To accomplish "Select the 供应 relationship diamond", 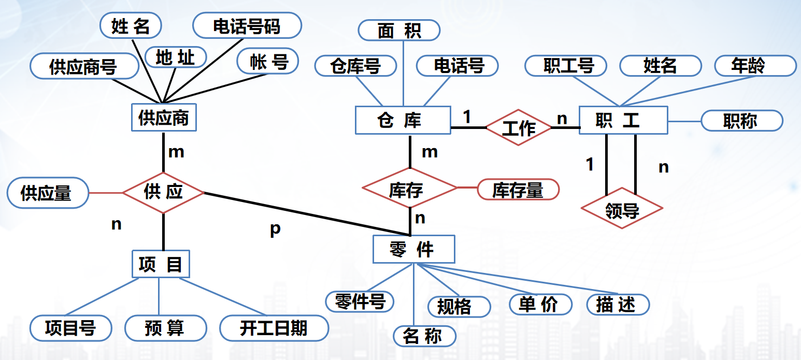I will [x=163, y=192].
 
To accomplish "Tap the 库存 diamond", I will [x=409, y=189].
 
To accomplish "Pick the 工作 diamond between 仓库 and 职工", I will [x=519, y=127].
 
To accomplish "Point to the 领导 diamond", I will [x=621, y=209].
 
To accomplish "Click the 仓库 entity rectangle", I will [x=403, y=120].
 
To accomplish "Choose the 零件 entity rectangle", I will [x=413, y=249].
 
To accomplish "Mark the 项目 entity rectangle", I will [x=161, y=264].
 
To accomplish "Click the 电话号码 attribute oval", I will [x=247, y=26].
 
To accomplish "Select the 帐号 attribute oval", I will [x=268, y=62].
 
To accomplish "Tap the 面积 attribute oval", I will [x=399, y=31].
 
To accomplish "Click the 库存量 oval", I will [x=518, y=190].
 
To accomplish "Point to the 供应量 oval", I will [x=48, y=193].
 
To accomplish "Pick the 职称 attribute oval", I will [x=741, y=121].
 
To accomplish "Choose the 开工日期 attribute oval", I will [x=274, y=328].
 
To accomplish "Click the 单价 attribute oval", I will [x=540, y=304].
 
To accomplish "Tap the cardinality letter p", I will [x=275, y=229].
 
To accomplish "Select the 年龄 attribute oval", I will [x=755, y=66].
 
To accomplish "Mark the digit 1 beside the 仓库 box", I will [x=467, y=117].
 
